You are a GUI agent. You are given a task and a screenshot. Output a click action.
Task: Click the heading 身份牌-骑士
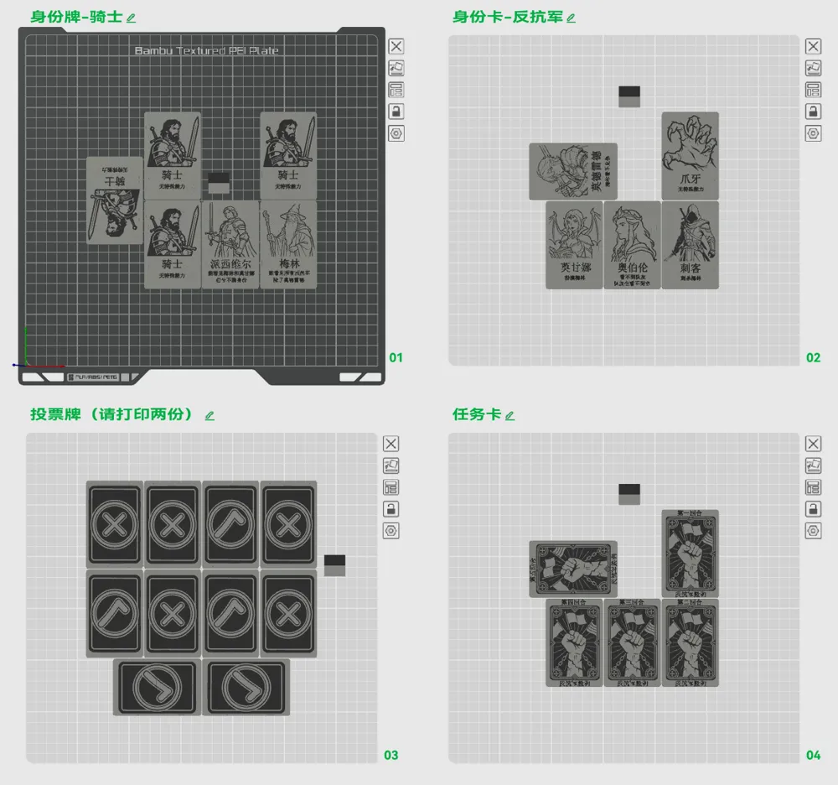76,17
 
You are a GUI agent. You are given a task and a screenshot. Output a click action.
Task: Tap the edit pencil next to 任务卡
510,415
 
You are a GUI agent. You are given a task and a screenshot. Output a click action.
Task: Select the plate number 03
391,755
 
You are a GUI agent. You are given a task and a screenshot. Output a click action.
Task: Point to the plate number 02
814,357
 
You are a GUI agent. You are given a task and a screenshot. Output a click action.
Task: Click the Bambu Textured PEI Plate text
206,51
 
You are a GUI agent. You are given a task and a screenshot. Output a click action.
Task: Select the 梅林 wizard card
288,244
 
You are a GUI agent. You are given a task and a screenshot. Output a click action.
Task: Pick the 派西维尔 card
230,244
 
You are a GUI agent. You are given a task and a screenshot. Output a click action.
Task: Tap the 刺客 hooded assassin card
691,245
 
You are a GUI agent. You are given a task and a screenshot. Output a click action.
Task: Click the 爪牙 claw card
691,156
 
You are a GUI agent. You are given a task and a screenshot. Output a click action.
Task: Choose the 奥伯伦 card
633,245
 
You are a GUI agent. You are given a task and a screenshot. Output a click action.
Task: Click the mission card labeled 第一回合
691,554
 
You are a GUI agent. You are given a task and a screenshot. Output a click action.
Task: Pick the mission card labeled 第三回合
633,642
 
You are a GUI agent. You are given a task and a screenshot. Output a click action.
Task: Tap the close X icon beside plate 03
391,444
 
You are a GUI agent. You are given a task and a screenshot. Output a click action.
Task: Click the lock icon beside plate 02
814,112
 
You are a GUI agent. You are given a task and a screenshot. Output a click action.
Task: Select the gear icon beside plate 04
814,531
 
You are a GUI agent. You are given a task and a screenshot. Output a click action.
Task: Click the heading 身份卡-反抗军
507,17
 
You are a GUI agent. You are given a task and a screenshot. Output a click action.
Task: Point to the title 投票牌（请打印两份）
113,414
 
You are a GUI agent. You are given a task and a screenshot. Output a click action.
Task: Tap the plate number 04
814,755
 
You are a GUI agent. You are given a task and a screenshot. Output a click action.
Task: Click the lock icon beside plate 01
396,112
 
